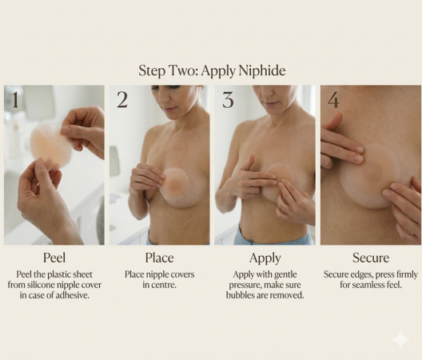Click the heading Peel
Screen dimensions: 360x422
(x=54, y=258)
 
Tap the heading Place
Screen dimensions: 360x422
(x=159, y=258)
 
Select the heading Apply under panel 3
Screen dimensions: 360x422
(x=265, y=258)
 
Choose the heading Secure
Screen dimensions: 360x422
(x=371, y=258)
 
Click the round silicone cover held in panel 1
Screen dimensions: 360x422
(x=48, y=145)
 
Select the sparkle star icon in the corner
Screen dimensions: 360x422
(x=400, y=338)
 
